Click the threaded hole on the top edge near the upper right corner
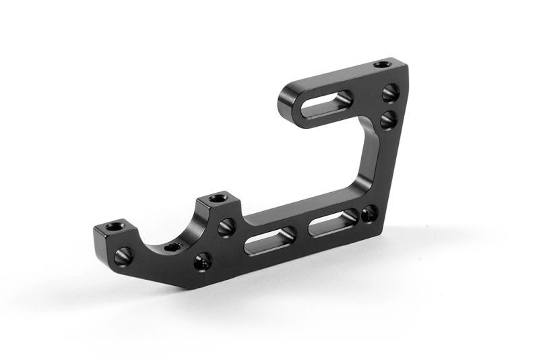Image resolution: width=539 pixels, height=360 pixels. coord(382,65)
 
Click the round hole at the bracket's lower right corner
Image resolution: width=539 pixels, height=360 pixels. coord(367,214)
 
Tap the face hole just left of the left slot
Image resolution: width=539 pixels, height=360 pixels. coord(225,228)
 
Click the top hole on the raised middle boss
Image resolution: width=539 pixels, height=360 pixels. coord(216,199)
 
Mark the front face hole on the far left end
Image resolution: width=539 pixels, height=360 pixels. coord(122,256)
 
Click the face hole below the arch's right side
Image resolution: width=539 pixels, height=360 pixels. coord(201,262)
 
